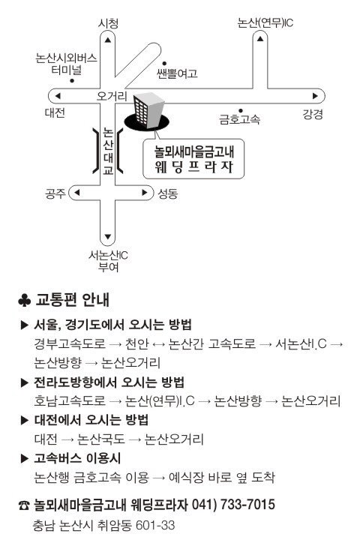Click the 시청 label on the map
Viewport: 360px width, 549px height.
coord(108,23)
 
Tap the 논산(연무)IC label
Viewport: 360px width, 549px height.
coord(265,22)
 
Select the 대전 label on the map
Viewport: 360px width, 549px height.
coord(55,112)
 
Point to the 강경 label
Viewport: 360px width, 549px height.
coord(312,114)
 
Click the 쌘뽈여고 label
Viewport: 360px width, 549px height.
coord(177,73)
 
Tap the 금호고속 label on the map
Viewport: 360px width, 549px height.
coord(239,119)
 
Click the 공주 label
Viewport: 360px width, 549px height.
coord(55,193)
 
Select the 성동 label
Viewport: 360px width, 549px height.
coord(168,193)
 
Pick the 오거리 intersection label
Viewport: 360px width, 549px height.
coord(112,96)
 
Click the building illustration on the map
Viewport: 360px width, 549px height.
coord(147,112)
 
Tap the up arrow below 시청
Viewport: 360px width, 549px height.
coord(108,40)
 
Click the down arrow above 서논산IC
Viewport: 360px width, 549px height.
coord(108,237)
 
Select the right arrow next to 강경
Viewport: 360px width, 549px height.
coord(315,96)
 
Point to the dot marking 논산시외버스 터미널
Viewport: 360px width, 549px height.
coord(72,81)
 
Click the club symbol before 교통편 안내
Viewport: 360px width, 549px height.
coord(24,301)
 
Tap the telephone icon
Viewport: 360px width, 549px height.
coord(24,505)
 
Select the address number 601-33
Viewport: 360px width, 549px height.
coord(155,525)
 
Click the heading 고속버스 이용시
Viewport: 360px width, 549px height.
coord(77,458)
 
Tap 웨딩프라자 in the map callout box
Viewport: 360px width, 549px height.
coord(194,167)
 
